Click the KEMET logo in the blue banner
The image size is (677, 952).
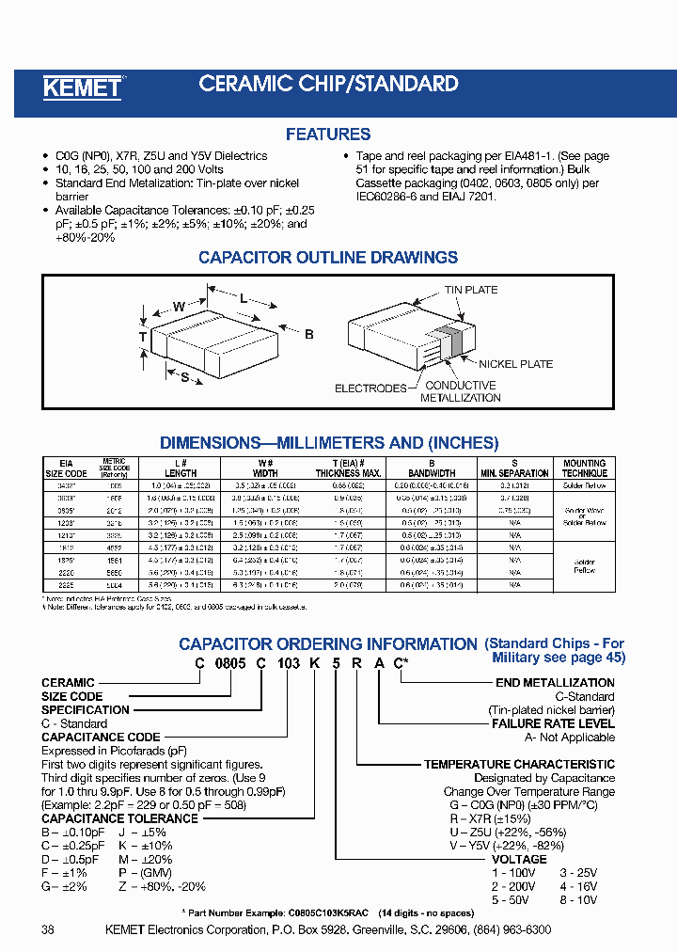83,87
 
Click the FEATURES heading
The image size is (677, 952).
328,135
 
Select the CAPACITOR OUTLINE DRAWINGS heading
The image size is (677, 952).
328,257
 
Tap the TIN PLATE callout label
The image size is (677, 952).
470,290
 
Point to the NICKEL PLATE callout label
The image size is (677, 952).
516,364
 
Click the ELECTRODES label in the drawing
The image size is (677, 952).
370,388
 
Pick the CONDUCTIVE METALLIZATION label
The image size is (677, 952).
460,391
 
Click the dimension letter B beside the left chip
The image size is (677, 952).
308,334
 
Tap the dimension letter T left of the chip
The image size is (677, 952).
143,337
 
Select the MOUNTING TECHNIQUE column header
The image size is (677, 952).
584,468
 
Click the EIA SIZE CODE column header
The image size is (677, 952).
67,468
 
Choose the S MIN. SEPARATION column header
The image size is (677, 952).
514,468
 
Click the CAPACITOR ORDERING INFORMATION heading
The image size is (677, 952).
328,644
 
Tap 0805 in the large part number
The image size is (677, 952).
232,663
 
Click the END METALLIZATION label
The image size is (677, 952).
555,683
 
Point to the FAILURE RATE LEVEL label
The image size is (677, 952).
553,723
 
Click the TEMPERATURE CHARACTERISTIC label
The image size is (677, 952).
519,765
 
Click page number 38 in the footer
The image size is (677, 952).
49,929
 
